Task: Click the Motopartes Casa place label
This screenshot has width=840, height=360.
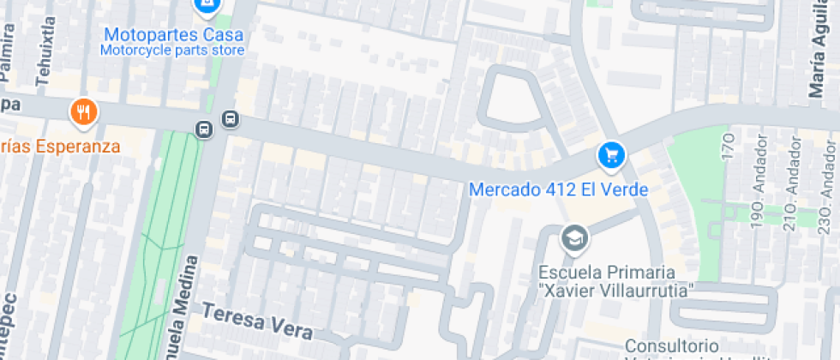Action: point(173,35)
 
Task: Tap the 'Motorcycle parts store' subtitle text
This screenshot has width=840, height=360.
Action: point(172,51)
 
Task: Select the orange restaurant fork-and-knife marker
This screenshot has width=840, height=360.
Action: point(83,111)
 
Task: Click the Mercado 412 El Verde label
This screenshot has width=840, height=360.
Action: point(558,189)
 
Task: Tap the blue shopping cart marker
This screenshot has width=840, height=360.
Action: point(610,155)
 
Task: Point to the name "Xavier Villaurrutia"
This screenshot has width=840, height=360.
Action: point(615,291)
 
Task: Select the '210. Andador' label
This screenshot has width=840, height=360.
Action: point(794,198)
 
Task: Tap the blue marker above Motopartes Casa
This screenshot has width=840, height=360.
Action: point(206,7)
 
